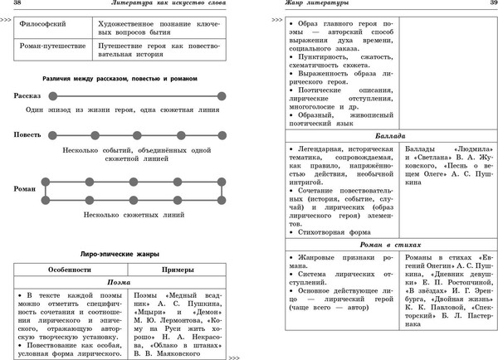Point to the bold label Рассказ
click(28, 96)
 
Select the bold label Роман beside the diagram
click(26, 189)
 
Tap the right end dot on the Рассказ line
click(222, 96)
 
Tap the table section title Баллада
click(388, 134)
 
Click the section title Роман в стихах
click(388, 246)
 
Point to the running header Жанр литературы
click(308, 6)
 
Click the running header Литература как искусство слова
click(157, 6)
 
